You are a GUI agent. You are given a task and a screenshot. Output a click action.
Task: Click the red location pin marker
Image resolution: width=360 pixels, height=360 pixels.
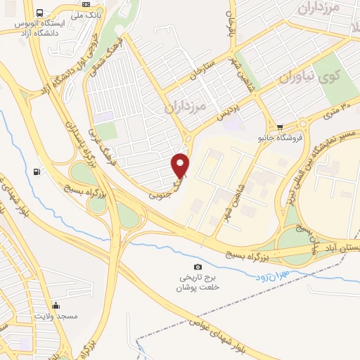[181, 165]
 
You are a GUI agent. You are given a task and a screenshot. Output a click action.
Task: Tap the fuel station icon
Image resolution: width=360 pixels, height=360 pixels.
[37, 171]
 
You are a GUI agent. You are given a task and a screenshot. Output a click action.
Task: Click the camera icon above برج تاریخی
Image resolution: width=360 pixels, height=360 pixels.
[198, 266]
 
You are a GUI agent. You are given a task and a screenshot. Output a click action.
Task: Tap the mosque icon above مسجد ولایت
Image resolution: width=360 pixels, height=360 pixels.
[56, 305]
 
